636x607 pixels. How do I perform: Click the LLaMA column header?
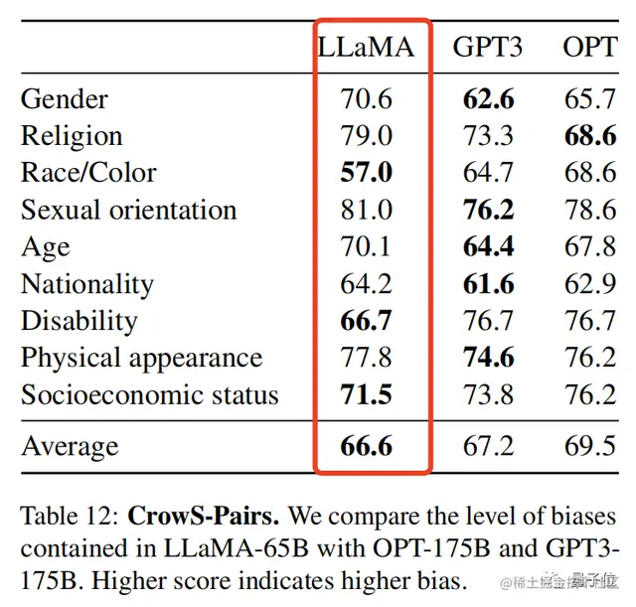click(366, 47)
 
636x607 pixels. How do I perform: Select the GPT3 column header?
click(488, 47)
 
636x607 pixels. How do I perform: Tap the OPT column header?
click(589, 47)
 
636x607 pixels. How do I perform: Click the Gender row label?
click(65, 98)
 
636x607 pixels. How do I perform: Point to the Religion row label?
click(72, 135)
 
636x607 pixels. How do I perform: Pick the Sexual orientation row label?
click(129, 210)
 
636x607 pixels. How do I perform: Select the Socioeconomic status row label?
click(150, 395)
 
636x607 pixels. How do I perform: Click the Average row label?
click(70, 446)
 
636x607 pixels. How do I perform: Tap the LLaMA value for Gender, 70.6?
click(366, 98)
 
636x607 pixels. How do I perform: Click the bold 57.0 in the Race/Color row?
click(366, 173)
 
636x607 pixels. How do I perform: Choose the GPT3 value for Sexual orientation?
click(488, 210)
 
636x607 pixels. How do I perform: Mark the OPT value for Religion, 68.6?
click(590, 135)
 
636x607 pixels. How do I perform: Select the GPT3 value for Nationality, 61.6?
click(488, 284)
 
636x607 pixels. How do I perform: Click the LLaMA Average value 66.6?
click(366, 446)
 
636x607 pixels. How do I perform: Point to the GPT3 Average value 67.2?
click(488, 446)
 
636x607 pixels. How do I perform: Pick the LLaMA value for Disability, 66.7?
click(366, 321)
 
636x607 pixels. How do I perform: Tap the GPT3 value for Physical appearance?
click(488, 358)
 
